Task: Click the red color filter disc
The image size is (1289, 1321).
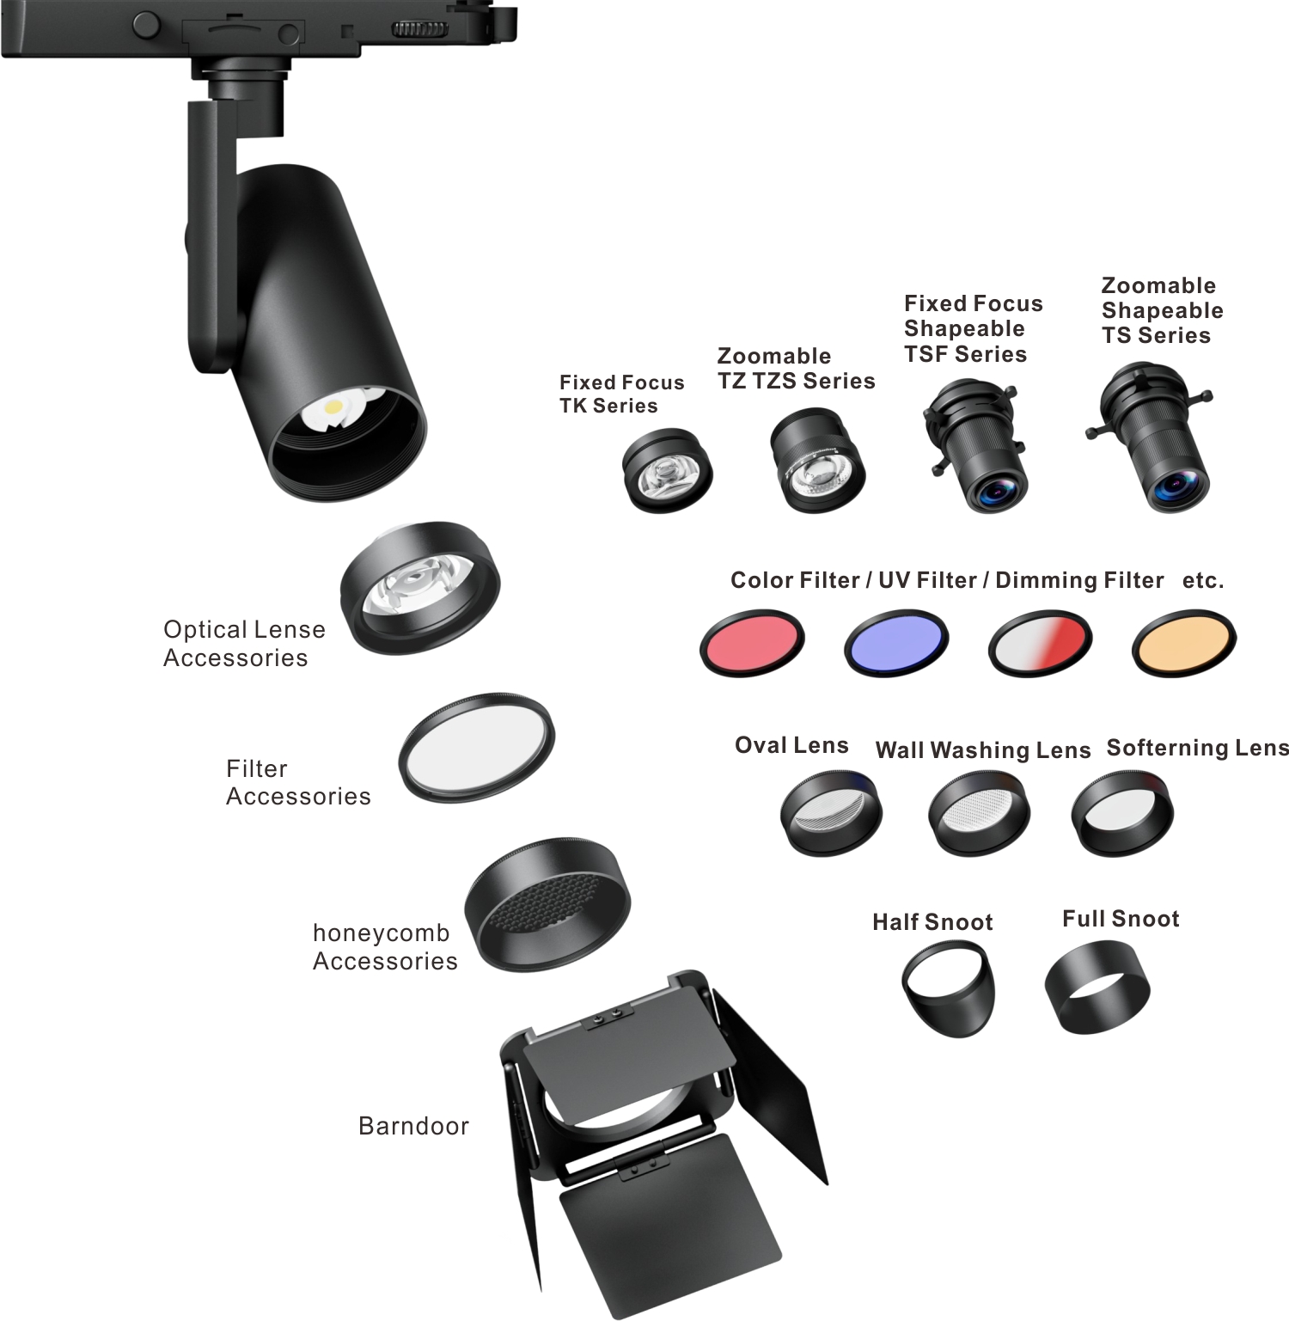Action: click(752, 643)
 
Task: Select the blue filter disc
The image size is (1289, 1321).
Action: click(896, 643)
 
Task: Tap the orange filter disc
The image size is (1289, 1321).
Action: click(1183, 643)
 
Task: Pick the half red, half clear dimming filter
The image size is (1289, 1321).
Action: click(1040, 643)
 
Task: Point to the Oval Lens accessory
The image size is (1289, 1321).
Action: click(831, 812)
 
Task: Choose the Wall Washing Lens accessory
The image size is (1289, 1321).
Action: click(978, 812)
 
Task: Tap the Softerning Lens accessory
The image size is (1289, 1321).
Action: click(1122, 812)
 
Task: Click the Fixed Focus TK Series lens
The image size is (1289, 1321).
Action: click(668, 471)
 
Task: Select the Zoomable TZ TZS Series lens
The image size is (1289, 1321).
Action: click(816, 461)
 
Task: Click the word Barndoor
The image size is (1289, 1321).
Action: click(413, 1126)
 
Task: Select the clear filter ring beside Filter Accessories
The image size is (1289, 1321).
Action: click(477, 747)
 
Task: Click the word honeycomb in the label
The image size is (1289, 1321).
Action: click(381, 933)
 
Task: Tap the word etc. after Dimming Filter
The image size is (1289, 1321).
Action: click(1203, 581)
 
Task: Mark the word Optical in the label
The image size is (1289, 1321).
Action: click(205, 630)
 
